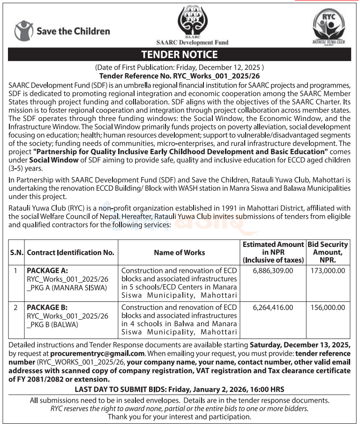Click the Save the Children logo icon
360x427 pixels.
point(23,31)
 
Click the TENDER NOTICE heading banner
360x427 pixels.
point(180,54)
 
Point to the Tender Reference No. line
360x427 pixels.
point(180,75)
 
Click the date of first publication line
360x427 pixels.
point(180,67)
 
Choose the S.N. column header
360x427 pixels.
point(16,252)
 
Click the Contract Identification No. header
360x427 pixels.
point(71,252)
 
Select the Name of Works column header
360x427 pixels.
point(179,252)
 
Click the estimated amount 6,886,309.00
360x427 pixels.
point(272,270)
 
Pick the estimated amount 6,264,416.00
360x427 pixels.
point(272,307)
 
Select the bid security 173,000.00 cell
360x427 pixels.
point(328,270)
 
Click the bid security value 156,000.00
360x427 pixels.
point(328,307)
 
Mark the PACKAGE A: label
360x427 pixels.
point(47,270)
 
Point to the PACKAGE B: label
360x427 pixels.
point(47,307)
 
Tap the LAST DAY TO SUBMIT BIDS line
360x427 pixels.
point(180,390)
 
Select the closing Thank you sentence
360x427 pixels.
point(180,416)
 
